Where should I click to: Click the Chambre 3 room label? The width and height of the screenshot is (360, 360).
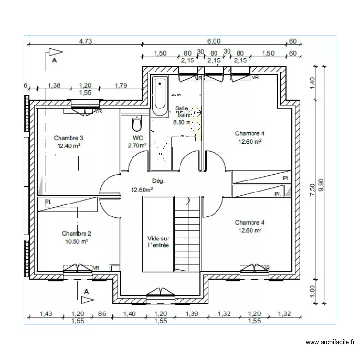pyautogui.click(x=69, y=137)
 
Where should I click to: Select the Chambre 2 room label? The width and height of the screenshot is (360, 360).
pyautogui.click(x=76, y=233)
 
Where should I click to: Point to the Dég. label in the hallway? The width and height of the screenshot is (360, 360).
pyautogui.click(x=158, y=181)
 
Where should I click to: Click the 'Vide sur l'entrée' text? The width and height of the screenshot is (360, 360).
pyautogui.click(x=159, y=242)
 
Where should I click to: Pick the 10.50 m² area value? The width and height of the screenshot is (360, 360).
pyautogui.click(x=76, y=241)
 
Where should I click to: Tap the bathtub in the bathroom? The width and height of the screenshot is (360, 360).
pyautogui.click(x=159, y=96)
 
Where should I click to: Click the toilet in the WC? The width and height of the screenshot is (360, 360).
pyautogui.click(x=137, y=124)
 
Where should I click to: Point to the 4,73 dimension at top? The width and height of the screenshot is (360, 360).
pyautogui.click(x=85, y=41)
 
